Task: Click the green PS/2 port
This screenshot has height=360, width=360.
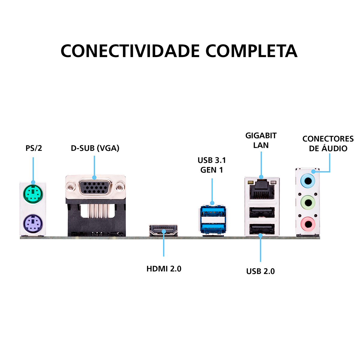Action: [33, 194]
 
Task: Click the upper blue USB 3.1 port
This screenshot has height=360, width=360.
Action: [212, 212]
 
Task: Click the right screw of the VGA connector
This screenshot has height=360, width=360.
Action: [120, 187]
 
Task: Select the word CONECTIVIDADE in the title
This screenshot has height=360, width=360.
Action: [130, 51]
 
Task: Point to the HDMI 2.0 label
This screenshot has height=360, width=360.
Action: [164, 268]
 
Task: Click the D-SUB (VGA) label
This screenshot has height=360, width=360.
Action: [95, 148]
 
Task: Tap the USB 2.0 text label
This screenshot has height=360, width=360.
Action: [260, 271]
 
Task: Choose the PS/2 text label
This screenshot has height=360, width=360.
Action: [34, 148]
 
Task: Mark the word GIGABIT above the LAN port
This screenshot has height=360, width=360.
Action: [261, 136]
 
